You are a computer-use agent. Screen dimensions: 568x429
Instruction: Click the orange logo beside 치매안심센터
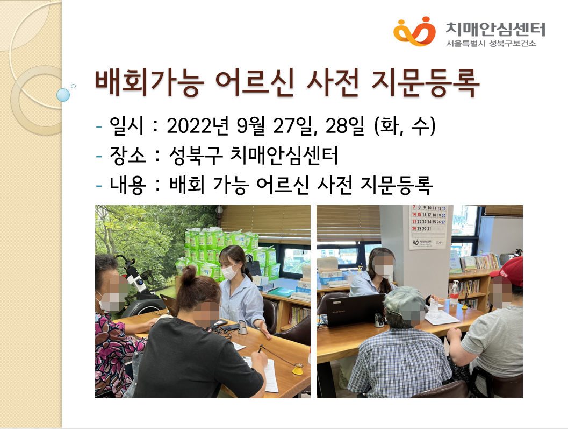[x=414, y=31]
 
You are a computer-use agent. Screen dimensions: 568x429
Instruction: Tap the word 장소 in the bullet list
[x=127, y=156]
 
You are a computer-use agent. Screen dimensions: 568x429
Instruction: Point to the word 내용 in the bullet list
[x=127, y=185]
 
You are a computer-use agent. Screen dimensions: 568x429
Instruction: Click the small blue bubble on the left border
[x=63, y=95]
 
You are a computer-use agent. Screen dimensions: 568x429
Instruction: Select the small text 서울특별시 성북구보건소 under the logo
[x=491, y=43]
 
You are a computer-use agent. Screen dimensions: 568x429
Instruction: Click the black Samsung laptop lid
[x=355, y=309]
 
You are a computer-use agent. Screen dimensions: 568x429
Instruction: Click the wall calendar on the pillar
[x=428, y=227]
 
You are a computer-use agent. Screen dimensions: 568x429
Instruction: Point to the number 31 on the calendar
[x=429, y=228]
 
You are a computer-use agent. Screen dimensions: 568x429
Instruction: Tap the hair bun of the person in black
[x=188, y=275]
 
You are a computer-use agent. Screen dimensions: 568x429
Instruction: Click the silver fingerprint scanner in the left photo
[x=243, y=328]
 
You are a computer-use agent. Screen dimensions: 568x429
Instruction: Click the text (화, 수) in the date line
[x=405, y=126]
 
